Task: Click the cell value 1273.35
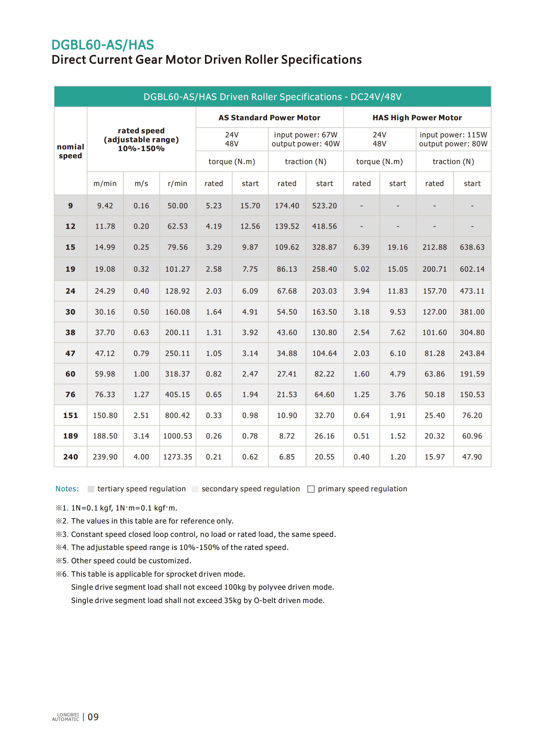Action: (x=178, y=457)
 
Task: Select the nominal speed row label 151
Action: (x=70, y=415)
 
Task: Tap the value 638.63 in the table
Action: (x=472, y=247)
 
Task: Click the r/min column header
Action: (x=177, y=184)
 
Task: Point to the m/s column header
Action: (x=141, y=184)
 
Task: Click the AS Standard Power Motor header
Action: (x=269, y=118)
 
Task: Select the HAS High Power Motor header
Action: (x=417, y=118)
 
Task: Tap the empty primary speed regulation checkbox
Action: (x=311, y=489)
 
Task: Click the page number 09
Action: (x=93, y=717)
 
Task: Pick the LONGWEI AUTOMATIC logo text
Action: (x=65, y=717)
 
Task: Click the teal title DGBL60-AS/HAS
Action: (x=102, y=45)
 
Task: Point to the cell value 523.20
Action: (x=324, y=206)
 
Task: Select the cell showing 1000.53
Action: (x=178, y=436)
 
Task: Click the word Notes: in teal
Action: (x=67, y=489)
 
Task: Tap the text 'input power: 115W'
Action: (x=453, y=135)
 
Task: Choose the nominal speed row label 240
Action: (x=70, y=457)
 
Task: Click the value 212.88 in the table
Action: (x=434, y=247)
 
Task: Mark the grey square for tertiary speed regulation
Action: (x=91, y=489)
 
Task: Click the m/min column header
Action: (x=105, y=184)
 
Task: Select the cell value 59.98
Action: (x=105, y=374)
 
